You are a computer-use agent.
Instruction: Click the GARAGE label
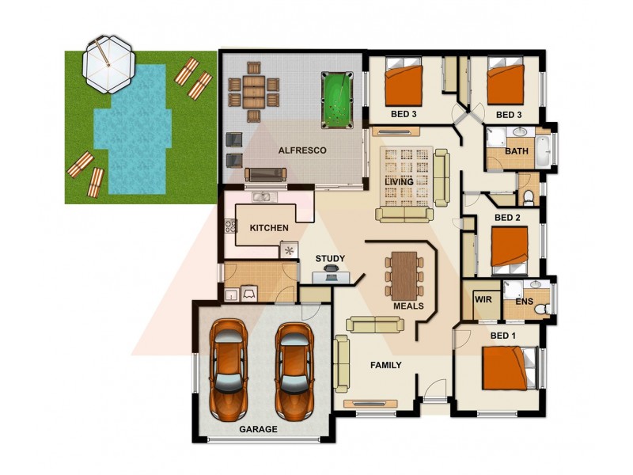click(x=259, y=429)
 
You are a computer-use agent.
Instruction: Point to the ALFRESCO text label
click(x=301, y=150)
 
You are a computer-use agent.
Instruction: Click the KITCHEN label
click(x=269, y=228)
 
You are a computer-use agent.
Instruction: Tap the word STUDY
click(x=330, y=258)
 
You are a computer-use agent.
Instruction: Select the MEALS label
click(x=408, y=306)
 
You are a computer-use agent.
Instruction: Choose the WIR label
click(x=482, y=300)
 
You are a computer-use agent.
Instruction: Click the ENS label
click(x=524, y=302)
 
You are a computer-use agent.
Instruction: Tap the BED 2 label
click(x=507, y=217)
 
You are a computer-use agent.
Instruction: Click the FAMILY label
click(x=386, y=365)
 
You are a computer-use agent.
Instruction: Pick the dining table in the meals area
click(x=404, y=275)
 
